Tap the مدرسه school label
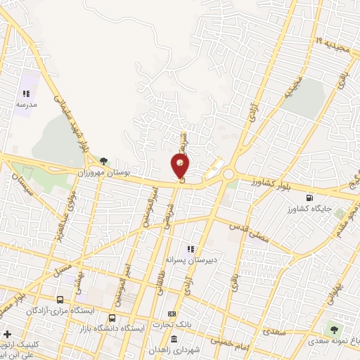[26, 103]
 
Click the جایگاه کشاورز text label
[307, 210]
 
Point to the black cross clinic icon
[8, 334]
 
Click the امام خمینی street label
[230, 342]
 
